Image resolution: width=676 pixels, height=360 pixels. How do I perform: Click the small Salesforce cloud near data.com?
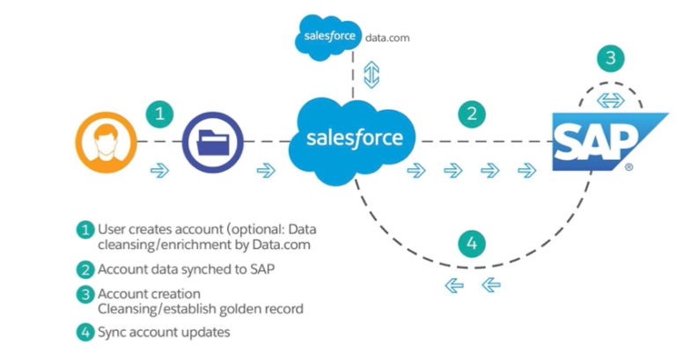(327, 38)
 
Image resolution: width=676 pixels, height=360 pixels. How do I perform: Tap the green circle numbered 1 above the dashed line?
(158, 113)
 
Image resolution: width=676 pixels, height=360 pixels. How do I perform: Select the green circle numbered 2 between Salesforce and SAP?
(473, 113)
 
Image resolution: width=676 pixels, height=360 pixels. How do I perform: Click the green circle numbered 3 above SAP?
(609, 60)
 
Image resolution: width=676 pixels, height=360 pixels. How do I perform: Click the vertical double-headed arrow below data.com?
(371, 75)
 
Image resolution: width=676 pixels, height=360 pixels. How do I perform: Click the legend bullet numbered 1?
(84, 229)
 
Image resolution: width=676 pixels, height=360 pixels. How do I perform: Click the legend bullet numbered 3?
(84, 293)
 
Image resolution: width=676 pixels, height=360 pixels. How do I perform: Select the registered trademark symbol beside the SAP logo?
(628, 165)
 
